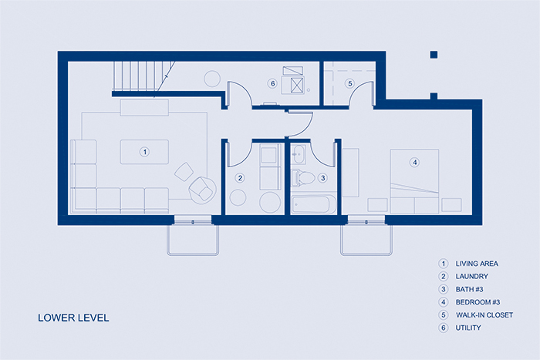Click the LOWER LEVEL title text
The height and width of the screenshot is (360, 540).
tap(73, 318)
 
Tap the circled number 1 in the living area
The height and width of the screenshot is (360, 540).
tap(145, 152)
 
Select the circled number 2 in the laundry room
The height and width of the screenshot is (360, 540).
tap(240, 178)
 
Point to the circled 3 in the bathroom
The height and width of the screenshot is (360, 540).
tap(322, 178)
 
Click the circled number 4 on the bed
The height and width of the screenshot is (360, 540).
tap(415, 162)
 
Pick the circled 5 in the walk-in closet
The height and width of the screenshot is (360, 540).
tap(350, 83)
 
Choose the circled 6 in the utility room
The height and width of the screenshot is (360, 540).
tap(272, 83)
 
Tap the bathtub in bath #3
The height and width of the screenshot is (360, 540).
tap(313, 204)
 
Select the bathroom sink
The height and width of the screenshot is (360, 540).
tap(299, 154)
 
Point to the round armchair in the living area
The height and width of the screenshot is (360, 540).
tap(202, 190)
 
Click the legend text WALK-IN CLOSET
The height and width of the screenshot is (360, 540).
tap(484, 315)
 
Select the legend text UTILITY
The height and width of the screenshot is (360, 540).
tap(468, 328)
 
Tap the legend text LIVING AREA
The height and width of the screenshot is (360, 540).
tap(477, 264)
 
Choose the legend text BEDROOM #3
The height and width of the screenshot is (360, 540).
tap(478, 302)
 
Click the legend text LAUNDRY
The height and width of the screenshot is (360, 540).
tap(472, 277)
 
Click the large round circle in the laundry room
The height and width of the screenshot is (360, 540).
tap(270, 203)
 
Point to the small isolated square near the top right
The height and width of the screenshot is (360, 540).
tap(434, 55)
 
